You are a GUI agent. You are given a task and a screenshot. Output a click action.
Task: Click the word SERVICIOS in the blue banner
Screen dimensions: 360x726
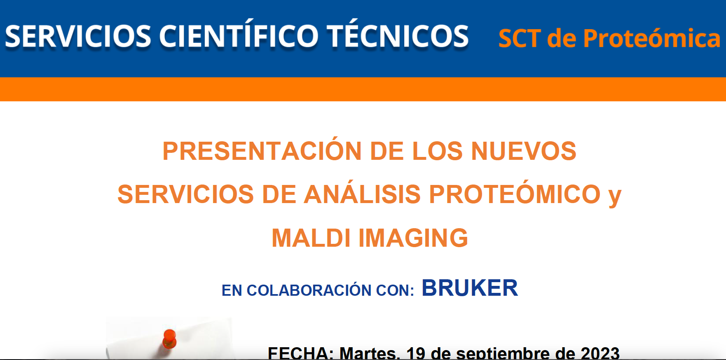tap(78, 36)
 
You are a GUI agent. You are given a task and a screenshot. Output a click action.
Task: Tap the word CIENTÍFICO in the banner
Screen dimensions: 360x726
tap(239, 36)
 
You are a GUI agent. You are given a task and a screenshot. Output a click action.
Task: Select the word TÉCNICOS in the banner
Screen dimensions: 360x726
tap(398, 36)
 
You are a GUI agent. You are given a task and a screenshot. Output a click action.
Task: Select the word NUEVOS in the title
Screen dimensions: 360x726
tap(524, 151)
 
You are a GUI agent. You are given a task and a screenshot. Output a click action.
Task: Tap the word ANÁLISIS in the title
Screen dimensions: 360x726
tap(362, 194)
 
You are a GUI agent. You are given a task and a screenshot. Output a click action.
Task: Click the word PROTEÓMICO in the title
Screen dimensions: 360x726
tap(515, 194)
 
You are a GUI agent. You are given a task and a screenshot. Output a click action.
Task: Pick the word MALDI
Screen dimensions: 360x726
tap(311, 238)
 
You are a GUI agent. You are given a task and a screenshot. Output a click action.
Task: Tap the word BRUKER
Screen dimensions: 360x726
tap(470, 288)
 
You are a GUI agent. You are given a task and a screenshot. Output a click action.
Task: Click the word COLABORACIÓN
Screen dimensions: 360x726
tap(309, 290)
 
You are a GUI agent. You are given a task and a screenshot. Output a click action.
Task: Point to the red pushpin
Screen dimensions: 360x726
tap(169, 339)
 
